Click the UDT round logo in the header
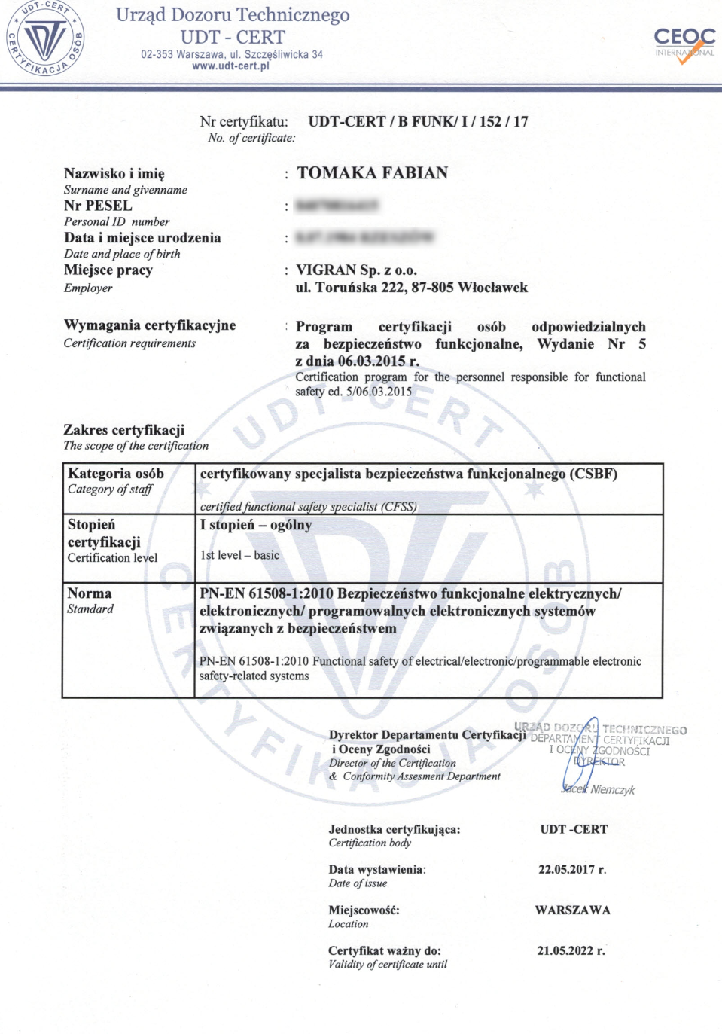click(x=44, y=38)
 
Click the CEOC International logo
click(x=684, y=44)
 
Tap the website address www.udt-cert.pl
click(x=230, y=66)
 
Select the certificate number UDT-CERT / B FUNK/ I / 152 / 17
click(x=418, y=121)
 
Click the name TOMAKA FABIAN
click(x=372, y=173)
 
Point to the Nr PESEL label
click(x=98, y=206)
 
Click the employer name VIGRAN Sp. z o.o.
click(x=356, y=270)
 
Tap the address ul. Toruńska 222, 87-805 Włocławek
click(x=411, y=287)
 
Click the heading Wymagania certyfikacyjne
click(x=150, y=325)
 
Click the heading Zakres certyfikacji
click(x=123, y=429)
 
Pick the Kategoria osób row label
click(x=115, y=474)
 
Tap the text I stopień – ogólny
click(x=255, y=525)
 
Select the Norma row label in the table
click(x=89, y=593)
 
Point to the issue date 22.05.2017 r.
click(x=571, y=869)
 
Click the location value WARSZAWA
click(x=572, y=910)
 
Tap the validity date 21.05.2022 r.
click(x=571, y=950)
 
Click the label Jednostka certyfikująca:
click(x=394, y=829)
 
